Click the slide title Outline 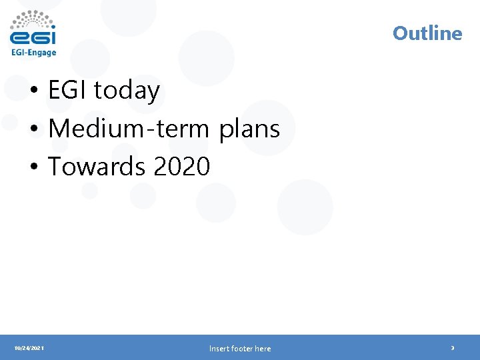pos(427,33)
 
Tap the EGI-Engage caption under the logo pos(33,52)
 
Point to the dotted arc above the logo pos(33,17)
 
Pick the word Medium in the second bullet pos(87,129)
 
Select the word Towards pos(97,167)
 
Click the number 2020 pos(181,167)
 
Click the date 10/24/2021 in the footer pos(29,348)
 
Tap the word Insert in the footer pos(219,349)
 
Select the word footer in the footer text pos(241,349)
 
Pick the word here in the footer pos(263,349)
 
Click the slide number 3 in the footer pos(453,348)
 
